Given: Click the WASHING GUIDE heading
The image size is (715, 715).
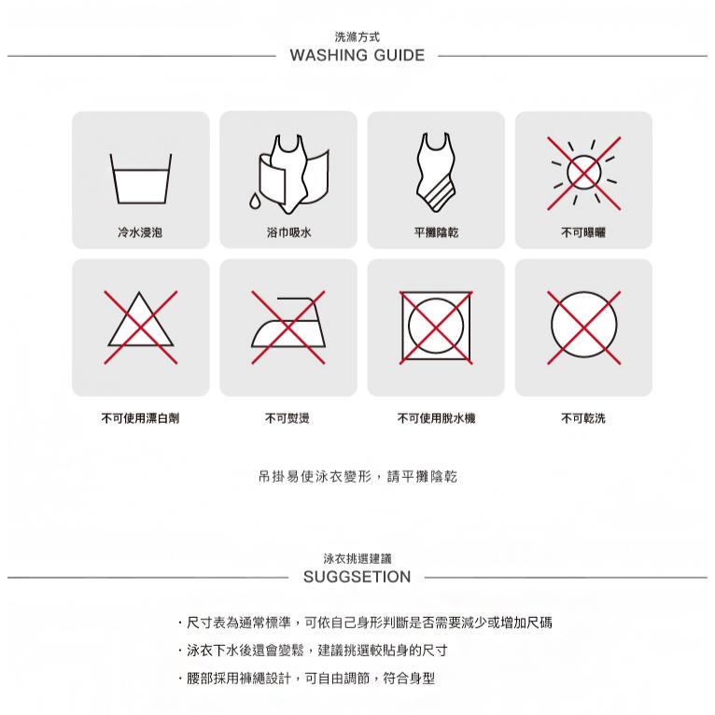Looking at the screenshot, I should click(x=357, y=56).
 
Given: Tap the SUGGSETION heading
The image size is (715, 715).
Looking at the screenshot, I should click(x=357, y=577).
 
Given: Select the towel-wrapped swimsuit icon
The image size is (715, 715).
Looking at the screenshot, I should click(x=291, y=173).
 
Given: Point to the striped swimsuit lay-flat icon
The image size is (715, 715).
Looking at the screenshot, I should click(x=436, y=173).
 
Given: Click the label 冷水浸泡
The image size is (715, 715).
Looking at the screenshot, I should click(x=140, y=231).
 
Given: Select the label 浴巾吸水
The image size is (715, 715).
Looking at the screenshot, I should click(x=287, y=231).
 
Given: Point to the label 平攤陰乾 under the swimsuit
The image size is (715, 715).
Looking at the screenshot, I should click(x=436, y=231).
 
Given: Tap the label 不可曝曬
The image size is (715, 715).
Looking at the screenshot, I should click(x=583, y=231).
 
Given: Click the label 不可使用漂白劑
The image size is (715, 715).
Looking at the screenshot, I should click(x=140, y=418).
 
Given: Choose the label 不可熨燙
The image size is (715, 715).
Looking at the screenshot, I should click(x=287, y=418).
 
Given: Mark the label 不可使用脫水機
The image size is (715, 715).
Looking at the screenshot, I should click(x=436, y=418).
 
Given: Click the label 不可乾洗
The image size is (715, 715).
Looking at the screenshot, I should click(x=583, y=418).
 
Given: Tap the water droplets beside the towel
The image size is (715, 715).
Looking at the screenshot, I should click(x=254, y=202).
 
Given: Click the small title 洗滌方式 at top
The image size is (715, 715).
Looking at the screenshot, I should click(x=357, y=35).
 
